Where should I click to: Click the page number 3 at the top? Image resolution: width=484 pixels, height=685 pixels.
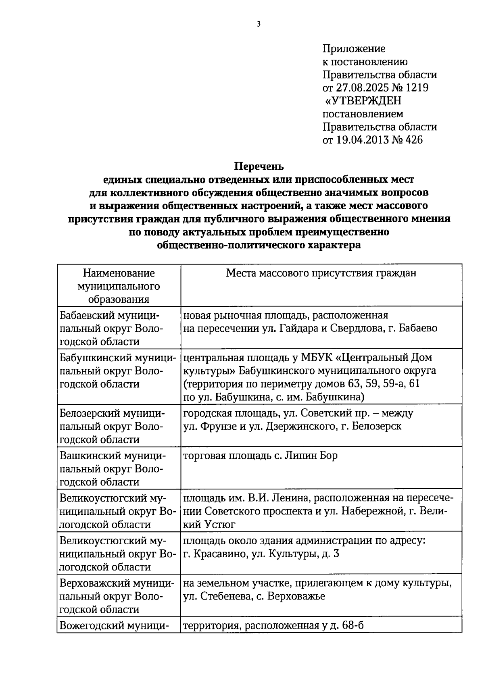(259, 24)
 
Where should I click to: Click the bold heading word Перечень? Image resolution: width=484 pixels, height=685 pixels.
(259, 166)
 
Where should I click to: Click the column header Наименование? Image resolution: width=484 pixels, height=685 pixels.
(119, 273)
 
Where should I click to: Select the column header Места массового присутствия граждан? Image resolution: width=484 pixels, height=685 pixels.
(321, 273)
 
